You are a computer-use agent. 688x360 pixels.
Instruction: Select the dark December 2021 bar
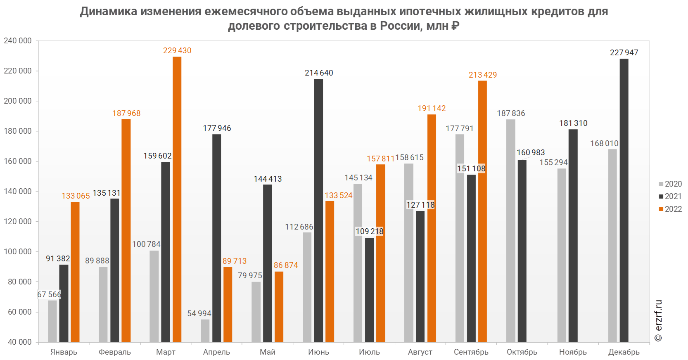coord(624,200)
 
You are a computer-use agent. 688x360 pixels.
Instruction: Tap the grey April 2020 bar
coord(205,331)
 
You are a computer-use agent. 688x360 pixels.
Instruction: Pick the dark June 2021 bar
coord(318,211)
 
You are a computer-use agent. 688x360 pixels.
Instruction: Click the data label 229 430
coord(177,51)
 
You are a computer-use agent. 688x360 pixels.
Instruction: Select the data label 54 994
coord(199,314)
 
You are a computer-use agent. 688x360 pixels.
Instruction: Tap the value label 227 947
coord(624,53)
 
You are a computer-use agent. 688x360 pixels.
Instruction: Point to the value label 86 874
coord(286,265)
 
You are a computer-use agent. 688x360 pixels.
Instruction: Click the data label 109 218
coord(370,232)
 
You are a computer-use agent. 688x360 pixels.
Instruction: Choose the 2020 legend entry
coord(670,184)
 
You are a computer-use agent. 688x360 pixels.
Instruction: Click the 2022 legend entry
coord(670,209)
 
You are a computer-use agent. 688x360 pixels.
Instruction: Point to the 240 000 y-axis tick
coord(18,41)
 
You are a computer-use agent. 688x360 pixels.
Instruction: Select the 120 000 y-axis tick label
coord(18,222)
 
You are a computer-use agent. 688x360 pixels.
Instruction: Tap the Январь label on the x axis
coord(64,352)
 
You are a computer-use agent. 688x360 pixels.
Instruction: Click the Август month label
coord(420,352)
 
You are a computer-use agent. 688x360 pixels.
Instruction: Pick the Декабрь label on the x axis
coord(624,352)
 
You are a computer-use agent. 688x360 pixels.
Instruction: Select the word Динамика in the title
coord(109,12)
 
